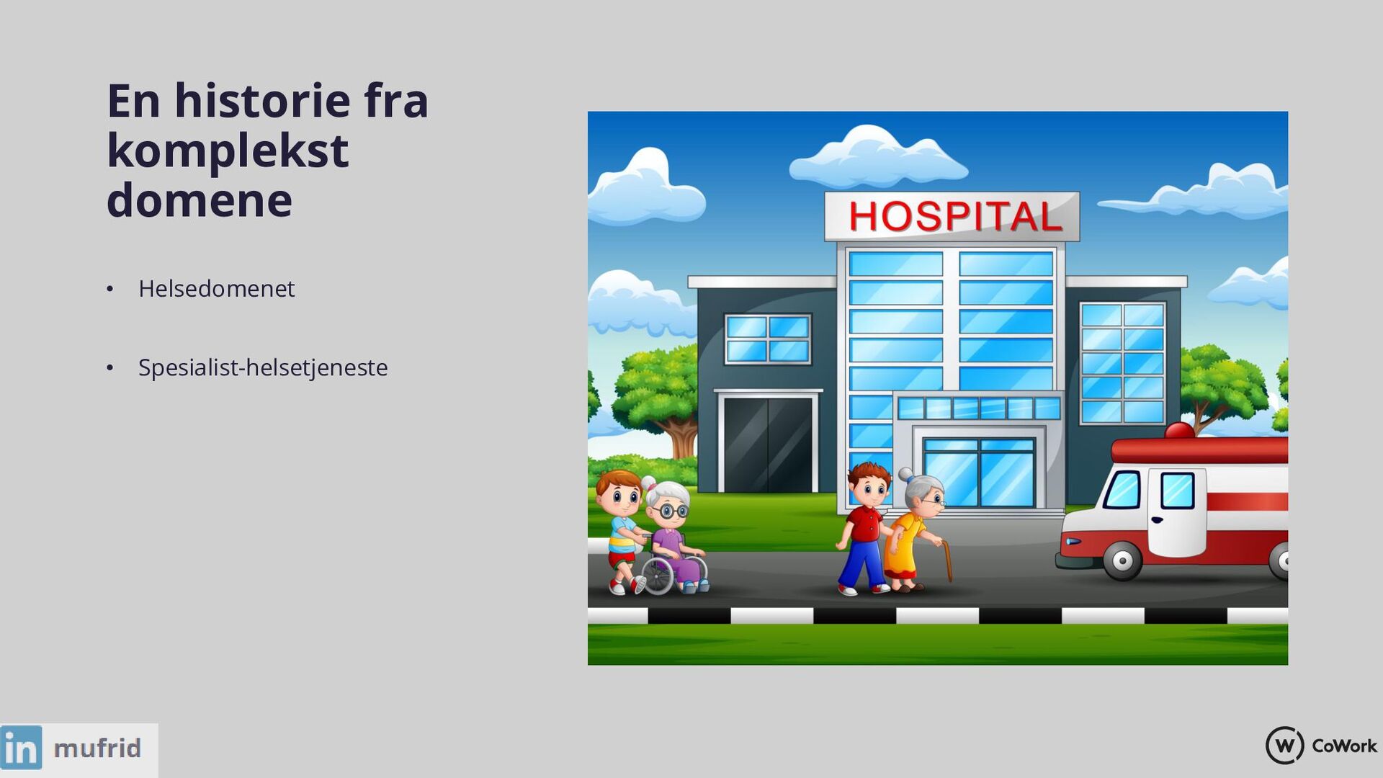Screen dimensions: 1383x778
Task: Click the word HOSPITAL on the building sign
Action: [955, 216]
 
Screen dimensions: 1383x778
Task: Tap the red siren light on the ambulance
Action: [1180, 430]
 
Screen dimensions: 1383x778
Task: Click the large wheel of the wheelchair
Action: [657, 574]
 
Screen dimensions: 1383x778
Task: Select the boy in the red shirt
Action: [864, 528]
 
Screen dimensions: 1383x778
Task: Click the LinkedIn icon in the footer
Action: [22, 747]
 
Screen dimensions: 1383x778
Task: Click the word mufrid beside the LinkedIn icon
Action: [97, 748]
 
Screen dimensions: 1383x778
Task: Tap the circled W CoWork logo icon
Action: [1284, 745]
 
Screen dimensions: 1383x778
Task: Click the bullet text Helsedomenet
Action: [216, 288]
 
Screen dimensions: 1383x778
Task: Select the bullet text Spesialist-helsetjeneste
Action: [263, 367]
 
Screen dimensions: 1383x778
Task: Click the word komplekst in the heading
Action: [228, 151]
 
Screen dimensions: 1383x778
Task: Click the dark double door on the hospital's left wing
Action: [768, 444]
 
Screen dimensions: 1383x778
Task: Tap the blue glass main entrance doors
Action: [979, 473]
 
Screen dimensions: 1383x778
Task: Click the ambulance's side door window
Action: [1177, 490]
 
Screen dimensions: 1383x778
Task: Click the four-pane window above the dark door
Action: [768, 339]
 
